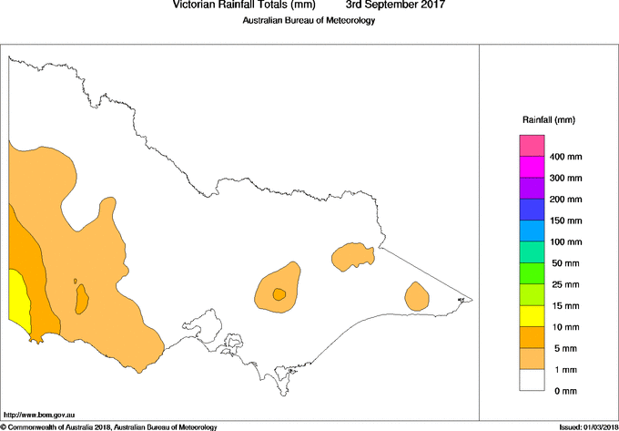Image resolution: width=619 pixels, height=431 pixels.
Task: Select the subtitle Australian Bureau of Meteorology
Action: [309, 21]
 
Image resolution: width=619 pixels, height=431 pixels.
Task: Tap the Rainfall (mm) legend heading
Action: [549, 120]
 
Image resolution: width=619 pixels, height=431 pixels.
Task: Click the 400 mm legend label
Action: [566, 158]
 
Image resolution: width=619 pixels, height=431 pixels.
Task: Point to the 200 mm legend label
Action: [566, 200]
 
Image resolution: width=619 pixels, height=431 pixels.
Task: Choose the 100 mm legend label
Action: [566, 242]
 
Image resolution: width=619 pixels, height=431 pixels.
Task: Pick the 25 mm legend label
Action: [566, 284]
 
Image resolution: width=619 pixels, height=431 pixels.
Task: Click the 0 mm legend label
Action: [564, 391]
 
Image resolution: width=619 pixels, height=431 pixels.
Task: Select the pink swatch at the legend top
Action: [532, 146]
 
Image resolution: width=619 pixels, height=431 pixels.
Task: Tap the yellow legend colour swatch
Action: [532, 316]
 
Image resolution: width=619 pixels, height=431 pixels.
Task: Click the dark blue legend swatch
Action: [532, 210]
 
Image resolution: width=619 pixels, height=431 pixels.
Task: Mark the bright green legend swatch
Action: [532, 273]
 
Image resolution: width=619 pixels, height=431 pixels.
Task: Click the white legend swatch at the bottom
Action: [532, 380]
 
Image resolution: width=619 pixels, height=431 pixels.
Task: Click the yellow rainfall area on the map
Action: [18, 296]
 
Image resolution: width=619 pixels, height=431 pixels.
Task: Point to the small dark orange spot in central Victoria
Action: [279, 293]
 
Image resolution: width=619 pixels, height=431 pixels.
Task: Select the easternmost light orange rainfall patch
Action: [417, 296]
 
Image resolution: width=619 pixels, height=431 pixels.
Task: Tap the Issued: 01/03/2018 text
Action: [587, 426]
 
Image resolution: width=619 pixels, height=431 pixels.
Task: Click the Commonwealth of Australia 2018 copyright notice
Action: [109, 426]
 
